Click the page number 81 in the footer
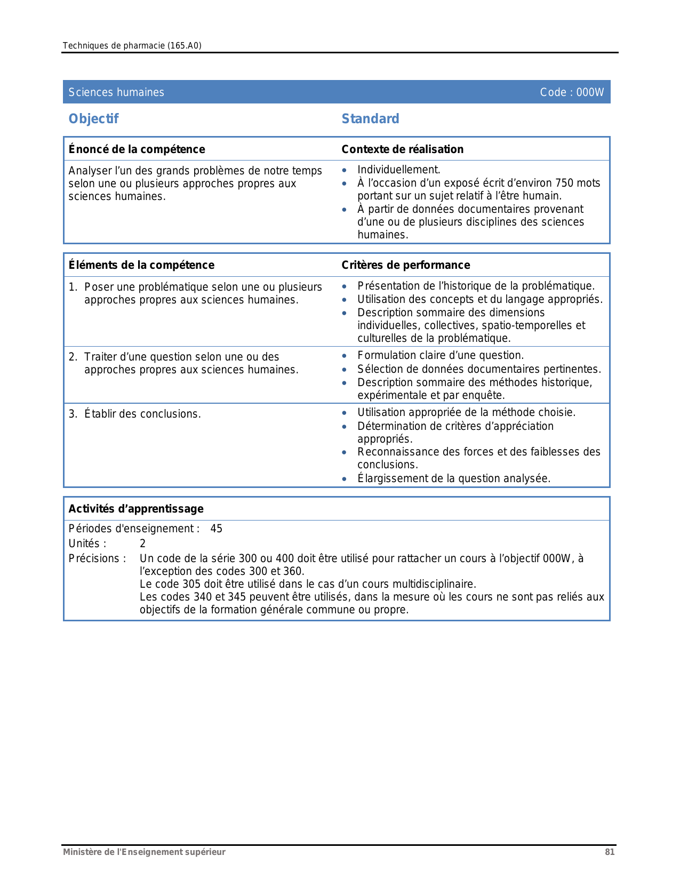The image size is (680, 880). (x=610, y=852)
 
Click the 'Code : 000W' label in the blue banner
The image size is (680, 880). (x=572, y=92)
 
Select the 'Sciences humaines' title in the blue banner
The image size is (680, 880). (x=116, y=92)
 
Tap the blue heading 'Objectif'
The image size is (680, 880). (x=93, y=118)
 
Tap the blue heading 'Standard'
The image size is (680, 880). (x=370, y=118)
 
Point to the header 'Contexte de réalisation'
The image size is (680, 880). (x=402, y=149)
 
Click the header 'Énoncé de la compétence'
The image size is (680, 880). (x=137, y=149)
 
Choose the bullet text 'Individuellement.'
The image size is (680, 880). (x=398, y=170)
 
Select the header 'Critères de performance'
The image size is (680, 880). (x=405, y=265)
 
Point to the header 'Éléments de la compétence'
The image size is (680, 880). (x=141, y=265)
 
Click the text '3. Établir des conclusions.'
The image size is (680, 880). (x=135, y=414)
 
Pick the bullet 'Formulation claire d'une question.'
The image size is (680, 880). (x=441, y=355)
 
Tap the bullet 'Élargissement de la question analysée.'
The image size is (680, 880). (x=453, y=478)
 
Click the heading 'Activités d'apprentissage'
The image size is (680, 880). (x=136, y=509)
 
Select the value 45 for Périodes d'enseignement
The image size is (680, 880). (x=216, y=529)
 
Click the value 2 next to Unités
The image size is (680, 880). (x=142, y=543)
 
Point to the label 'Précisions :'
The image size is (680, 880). (x=97, y=558)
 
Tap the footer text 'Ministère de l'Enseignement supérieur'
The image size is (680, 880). (x=144, y=852)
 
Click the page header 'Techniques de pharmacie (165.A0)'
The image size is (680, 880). (x=132, y=45)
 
